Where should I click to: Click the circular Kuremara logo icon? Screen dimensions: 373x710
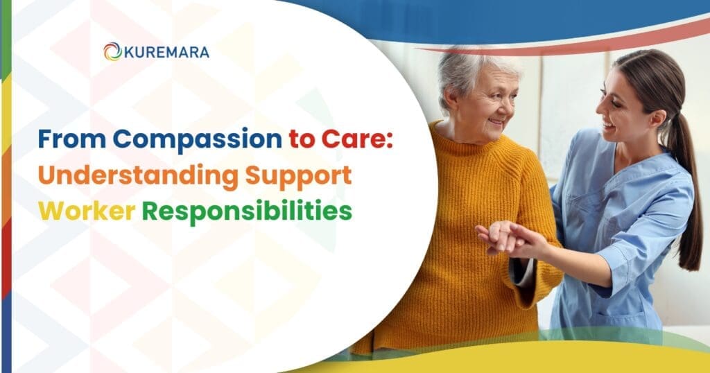click(x=112, y=51)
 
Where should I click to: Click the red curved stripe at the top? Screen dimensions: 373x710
click(x=575, y=42)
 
